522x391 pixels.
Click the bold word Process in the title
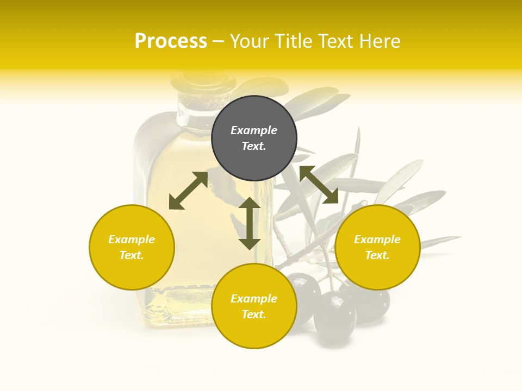[x=171, y=41]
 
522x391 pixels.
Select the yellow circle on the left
[x=132, y=272]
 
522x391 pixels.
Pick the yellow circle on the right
[x=377, y=272]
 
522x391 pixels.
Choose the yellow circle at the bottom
[x=254, y=331]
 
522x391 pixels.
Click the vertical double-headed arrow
[x=250, y=223]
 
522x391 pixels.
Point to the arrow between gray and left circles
[x=188, y=191]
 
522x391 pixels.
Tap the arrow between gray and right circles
[x=319, y=185]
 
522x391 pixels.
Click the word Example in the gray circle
[x=254, y=130]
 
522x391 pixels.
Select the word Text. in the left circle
[x=132, y=255]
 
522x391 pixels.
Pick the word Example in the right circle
[x=377, y=239]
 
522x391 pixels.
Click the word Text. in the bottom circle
[x=254, y=314]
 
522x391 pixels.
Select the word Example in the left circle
[x=132, y=239]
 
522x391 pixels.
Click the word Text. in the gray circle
[x=254, y=146]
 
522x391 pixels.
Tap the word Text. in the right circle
[x=377, y=255]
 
